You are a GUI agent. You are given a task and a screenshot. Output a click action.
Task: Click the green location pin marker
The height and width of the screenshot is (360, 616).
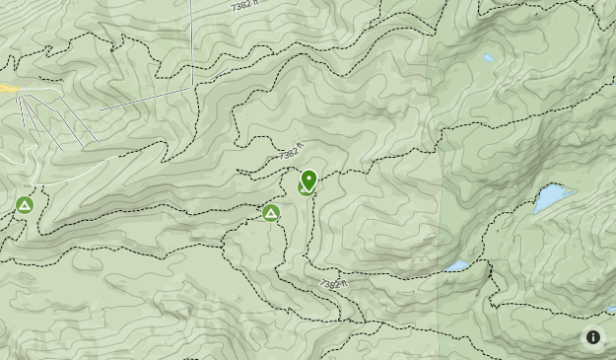coord(308,180)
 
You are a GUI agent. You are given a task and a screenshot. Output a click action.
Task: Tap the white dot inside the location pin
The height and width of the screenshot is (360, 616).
coord(308,179)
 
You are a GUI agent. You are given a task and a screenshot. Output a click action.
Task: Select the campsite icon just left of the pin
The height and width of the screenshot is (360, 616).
coord(271,212)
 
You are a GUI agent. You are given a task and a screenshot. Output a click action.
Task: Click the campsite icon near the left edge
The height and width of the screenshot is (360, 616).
coord(25,205)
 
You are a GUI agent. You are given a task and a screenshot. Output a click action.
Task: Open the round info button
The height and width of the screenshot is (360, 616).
coord(593,336)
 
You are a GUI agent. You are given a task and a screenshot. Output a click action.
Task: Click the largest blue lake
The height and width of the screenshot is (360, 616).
coord(552,197)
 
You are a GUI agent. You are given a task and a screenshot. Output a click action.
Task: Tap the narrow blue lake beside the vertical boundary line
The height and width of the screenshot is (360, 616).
coord(456,266)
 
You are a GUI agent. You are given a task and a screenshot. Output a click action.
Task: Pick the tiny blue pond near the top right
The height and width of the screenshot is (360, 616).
coord(488,58)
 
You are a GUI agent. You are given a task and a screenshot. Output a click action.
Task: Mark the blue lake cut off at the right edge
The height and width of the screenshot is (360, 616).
coord(611,310)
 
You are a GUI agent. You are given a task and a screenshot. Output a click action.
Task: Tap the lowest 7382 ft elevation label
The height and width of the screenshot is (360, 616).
coord(334,284)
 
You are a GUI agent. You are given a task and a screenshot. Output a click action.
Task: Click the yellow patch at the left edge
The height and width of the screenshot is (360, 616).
coord(8,89)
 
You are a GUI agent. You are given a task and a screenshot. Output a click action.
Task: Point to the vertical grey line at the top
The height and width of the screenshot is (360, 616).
coord(192,39)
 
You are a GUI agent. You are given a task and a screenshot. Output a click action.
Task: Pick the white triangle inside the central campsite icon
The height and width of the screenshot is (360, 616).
coord(271,212)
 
